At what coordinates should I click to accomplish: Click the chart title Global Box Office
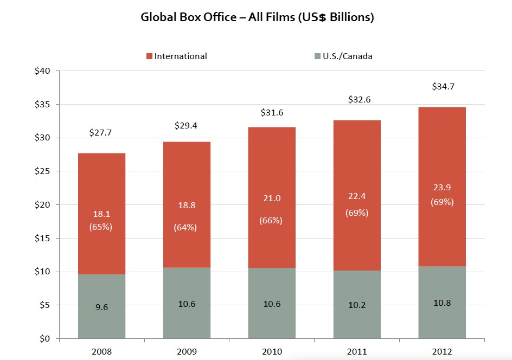click(257, 17)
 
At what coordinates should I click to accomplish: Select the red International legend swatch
click(149, 56)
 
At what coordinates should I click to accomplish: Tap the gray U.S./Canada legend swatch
click(317, 56)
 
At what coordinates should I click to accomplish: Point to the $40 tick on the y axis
click(42, 71)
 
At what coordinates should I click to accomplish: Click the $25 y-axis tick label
click(42, 171)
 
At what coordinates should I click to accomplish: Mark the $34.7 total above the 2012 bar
click(442, 86)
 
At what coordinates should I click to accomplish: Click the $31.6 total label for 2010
click(272, 113)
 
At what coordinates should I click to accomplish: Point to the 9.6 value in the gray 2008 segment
click(101, 307)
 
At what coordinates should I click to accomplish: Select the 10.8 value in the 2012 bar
click(442, 303)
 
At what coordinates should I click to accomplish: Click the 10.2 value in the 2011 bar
click(357, 305)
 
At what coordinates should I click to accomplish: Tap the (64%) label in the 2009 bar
click(185, 228)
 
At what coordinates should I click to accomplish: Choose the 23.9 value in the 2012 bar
click(442, 187)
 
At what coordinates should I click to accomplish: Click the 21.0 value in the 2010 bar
click(272, 198)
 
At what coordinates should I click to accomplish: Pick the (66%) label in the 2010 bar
click(272, 221)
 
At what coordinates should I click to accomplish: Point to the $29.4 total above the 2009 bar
click(185, 125)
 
